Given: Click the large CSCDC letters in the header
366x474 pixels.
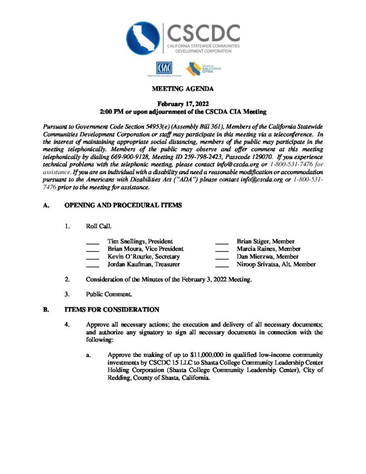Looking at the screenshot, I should (203, 33).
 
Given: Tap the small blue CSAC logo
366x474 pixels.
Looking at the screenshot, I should (164, 68).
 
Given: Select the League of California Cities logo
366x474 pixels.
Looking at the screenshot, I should (204, 69).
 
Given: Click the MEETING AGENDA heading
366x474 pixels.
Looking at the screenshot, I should (182, 88).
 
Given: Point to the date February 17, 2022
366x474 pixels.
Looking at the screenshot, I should (182, 104).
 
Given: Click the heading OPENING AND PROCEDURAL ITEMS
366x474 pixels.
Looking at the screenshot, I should (123, 205).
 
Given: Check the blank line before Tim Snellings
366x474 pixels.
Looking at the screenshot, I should (93, 242).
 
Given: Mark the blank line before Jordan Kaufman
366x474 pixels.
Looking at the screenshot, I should (93, 265).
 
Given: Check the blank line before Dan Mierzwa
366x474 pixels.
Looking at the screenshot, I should (222, 257).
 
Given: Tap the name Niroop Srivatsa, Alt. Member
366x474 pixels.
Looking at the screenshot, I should (276, 264).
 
